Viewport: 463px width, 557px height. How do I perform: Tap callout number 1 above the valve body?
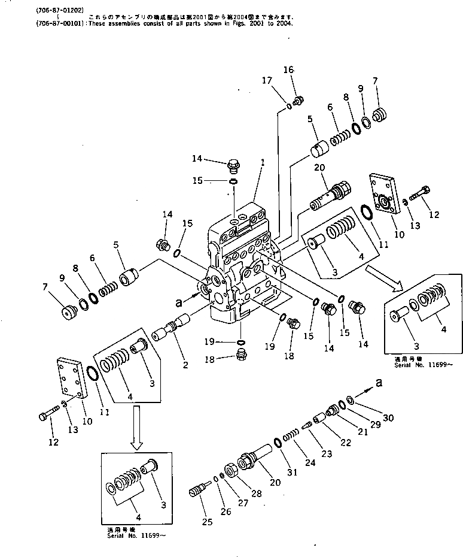262,162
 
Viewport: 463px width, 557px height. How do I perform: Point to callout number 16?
288,70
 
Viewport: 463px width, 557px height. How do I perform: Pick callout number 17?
267,80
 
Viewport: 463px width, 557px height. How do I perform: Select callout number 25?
207,522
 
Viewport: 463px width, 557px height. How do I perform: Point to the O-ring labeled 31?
278,442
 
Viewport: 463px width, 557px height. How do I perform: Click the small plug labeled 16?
300,100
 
